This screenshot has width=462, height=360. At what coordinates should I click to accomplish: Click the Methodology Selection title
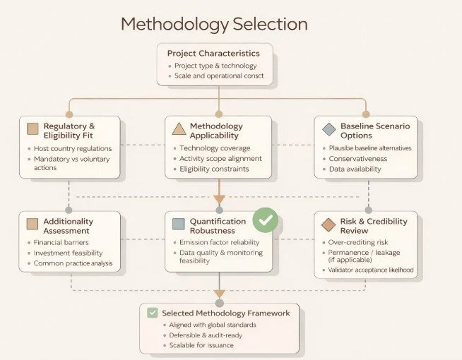tap(214, 24)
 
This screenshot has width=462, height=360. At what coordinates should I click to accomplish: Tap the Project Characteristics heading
tap(213, 53)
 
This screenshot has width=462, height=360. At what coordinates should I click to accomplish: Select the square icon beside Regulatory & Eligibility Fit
tap(32, 129)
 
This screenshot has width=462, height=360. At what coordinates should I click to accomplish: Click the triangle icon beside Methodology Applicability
tap(179, 129)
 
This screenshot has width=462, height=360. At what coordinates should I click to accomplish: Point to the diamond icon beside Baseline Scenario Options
tap(328, 129)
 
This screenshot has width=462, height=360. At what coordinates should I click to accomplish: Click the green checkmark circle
tap(266, 221)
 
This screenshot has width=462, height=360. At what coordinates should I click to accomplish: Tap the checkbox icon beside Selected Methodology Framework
tap(152, 313)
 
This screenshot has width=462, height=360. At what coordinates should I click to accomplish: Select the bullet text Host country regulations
tap(73, 149)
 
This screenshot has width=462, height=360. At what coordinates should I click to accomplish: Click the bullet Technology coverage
tap(215, 148)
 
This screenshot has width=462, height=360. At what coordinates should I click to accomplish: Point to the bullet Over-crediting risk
tap(358, 241)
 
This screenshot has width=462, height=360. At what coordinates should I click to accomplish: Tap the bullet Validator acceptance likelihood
tap(372, 270)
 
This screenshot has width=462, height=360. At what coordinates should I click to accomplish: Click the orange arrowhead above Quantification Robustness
tap(219, 199)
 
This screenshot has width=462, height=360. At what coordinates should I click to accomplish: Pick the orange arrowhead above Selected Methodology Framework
tap(219, 293)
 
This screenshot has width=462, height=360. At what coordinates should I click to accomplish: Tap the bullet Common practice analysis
tap(73, 263)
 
